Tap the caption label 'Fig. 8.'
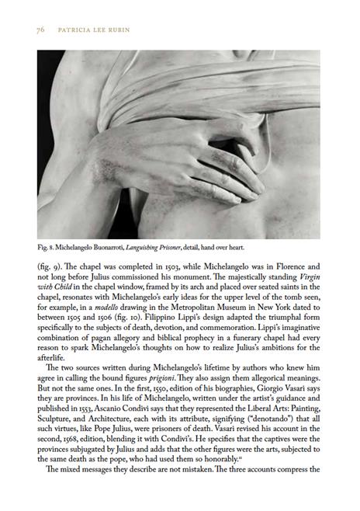(48, 248)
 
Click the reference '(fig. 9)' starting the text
(50, 266)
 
